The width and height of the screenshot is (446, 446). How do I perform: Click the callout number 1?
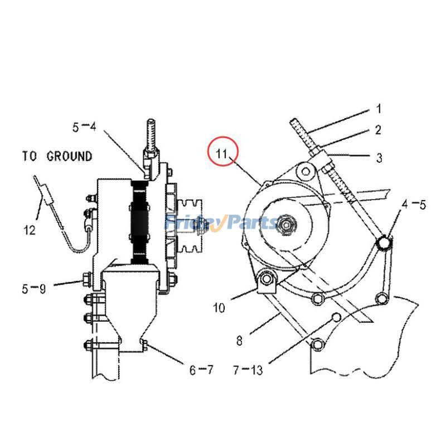pos(378,108)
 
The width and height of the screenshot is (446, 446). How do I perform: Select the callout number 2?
pos(378,130)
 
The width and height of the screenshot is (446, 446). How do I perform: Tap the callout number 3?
pos(379,158)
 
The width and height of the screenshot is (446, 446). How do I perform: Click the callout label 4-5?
pos(413,205)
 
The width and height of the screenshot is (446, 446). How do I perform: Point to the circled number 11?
pos(223,152)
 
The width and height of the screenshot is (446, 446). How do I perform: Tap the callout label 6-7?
pos(201,370)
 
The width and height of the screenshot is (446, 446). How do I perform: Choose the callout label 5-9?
pos(34,289)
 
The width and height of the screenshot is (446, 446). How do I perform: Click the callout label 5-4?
pos(84,127)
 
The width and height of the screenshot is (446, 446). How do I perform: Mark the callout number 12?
pos(30,229)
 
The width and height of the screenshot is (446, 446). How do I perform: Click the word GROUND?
pos(69,156)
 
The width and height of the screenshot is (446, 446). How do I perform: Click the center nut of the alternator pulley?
pos(287,224)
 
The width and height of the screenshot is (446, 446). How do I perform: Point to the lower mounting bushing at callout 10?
pos(266,279)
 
